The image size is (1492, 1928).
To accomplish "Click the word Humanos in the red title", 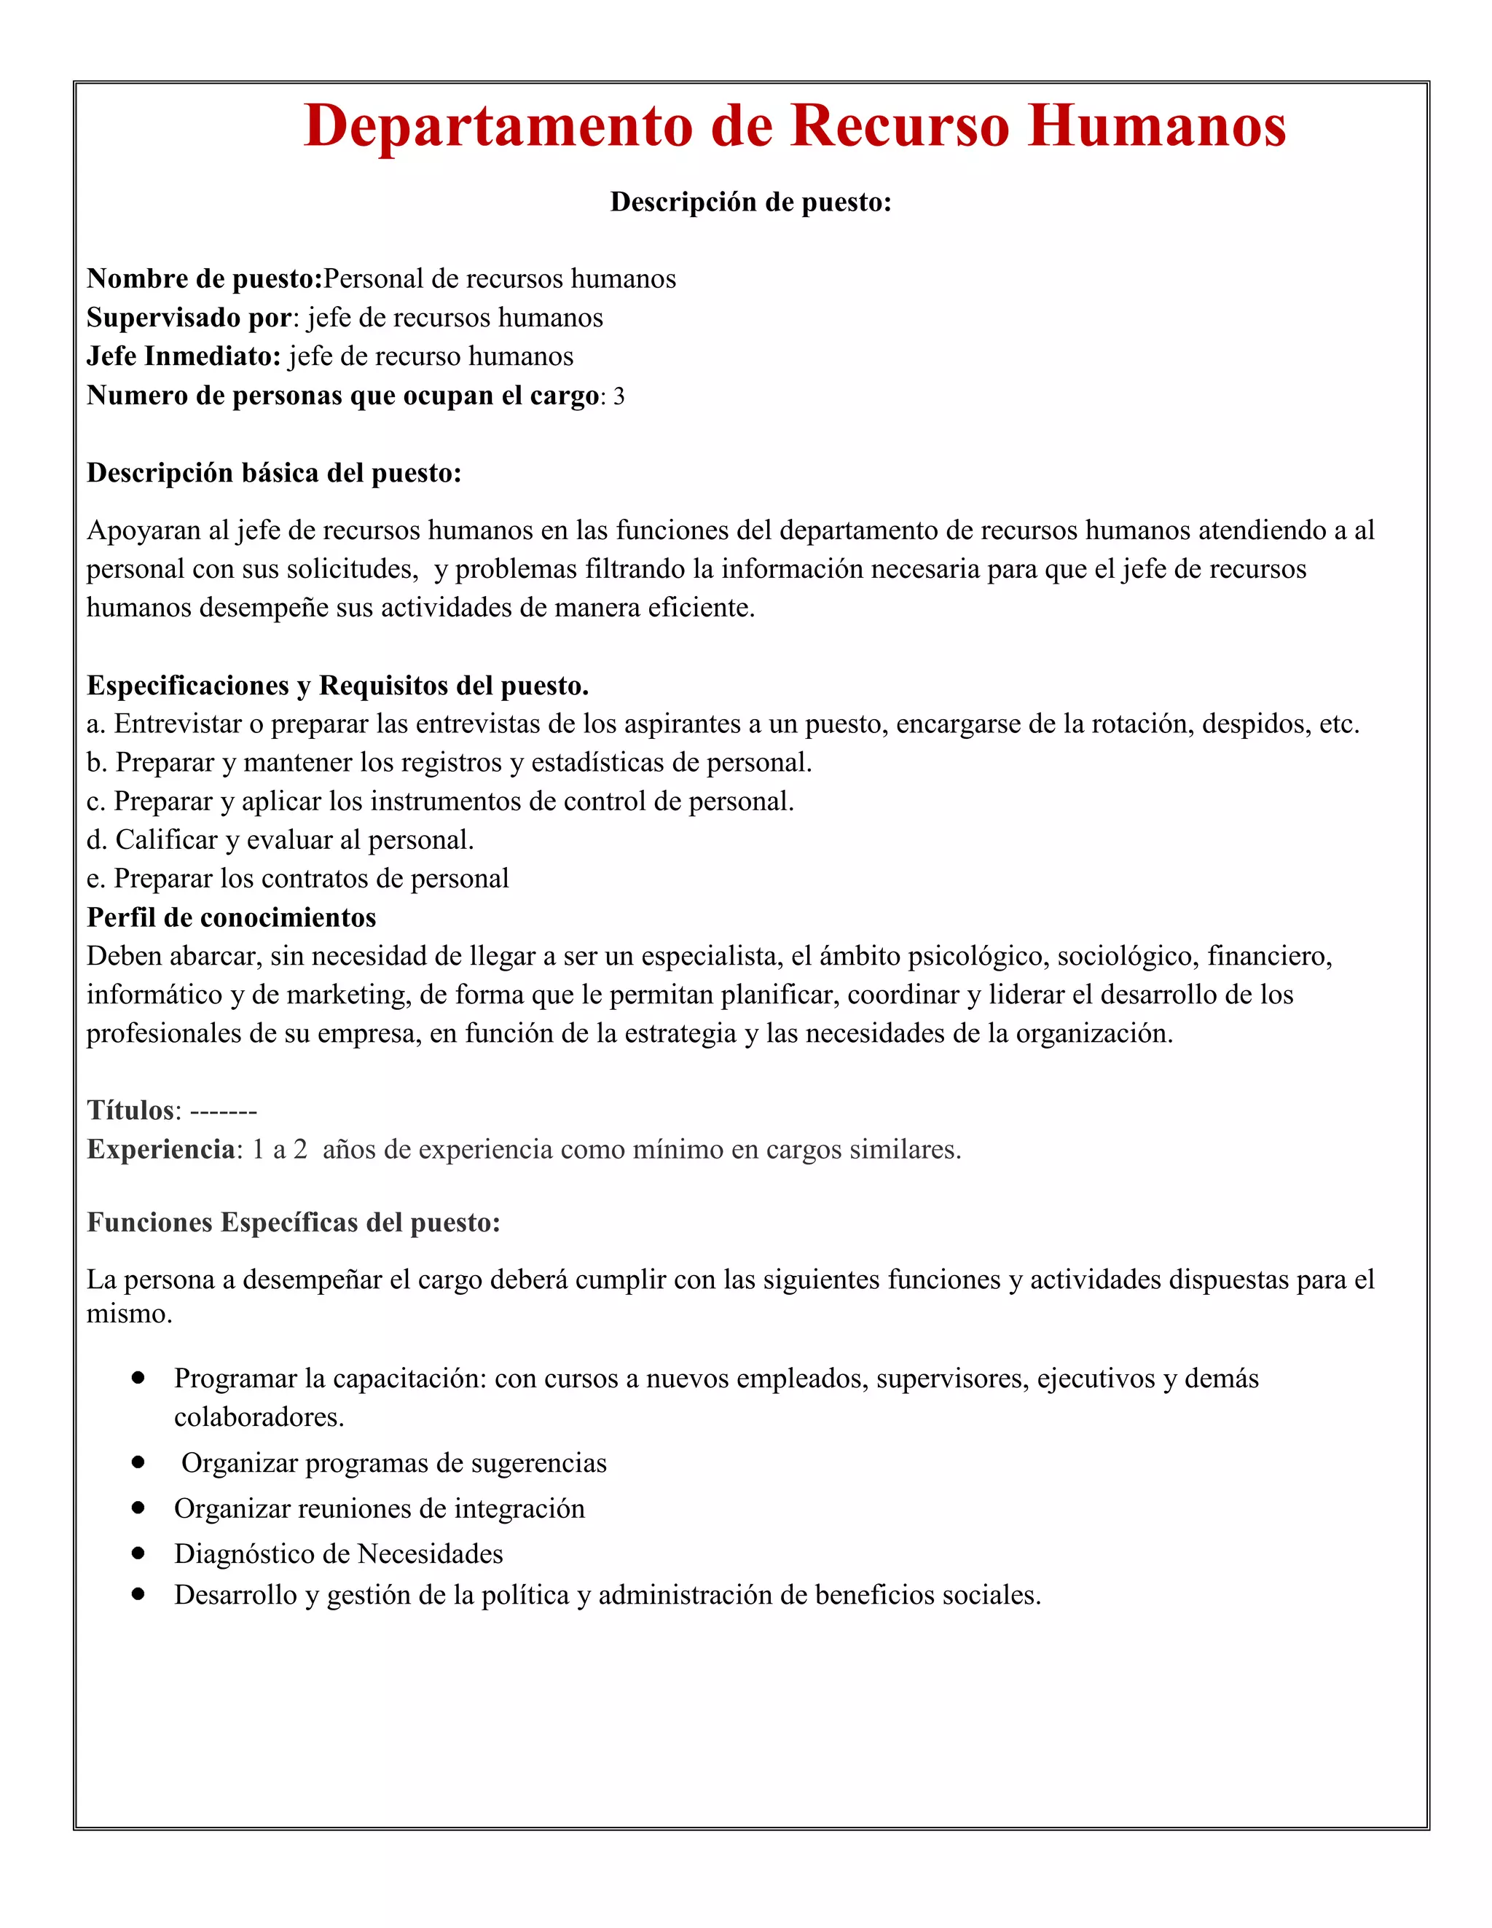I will click(x=1157, y=125).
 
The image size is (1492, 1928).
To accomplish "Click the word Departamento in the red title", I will click(x=498, y=125).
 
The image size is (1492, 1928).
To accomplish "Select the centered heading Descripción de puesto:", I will click(x=750, y=202).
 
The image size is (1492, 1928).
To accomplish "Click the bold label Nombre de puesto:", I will click(x=205, y=279).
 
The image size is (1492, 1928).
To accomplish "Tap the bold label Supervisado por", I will click(x=189, y=318).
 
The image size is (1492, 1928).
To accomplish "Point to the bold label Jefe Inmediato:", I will click(x=184, y=356).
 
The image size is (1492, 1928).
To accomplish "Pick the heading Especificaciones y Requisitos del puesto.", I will click(x=337, y=685).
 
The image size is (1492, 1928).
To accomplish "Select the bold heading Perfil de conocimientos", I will click(x=232, y=917).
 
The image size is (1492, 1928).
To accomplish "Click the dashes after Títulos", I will click(x=224, y=1110).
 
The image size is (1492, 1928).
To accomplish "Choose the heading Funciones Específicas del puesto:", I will click(x=293, y=1223).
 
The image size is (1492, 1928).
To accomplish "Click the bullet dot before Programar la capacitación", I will click(x=138, y=1377).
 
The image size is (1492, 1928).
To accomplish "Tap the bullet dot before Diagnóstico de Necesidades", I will click(x=138, y=1553).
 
